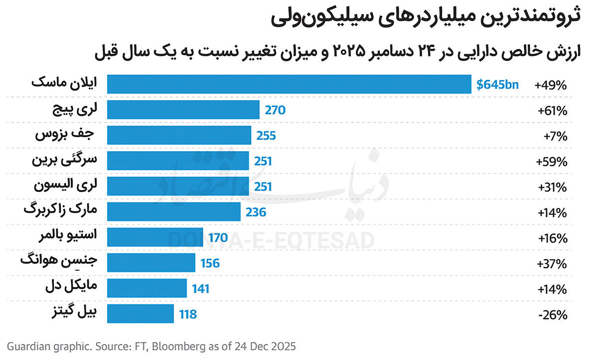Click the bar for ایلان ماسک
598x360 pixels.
[289, 84]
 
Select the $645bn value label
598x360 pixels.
[497, 84]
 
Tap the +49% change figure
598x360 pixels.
[551, 85]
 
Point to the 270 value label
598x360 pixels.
[275, 110]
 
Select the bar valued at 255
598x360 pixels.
[179, 135]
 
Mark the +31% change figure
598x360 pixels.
[552, 187]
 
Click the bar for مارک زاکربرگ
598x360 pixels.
[174, 212]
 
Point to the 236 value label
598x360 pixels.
[256, 212]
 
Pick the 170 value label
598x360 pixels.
[218, 238]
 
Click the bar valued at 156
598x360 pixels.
[151, 263]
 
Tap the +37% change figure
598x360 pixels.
[552, 264]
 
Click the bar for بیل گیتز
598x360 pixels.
[141, 314]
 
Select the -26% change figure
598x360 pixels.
[553, 315]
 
